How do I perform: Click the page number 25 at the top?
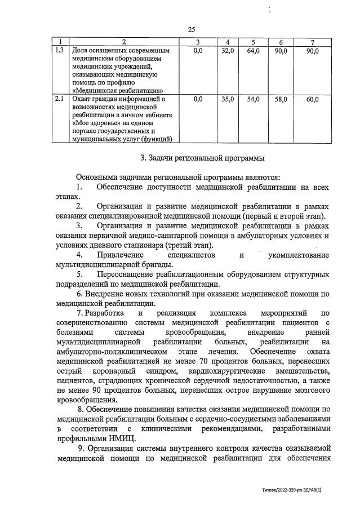point(192,29)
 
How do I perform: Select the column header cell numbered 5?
point(254,42)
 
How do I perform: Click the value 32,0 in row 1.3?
point(228,51)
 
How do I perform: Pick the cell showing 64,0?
point(254,51)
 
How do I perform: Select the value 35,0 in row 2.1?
point(228,99)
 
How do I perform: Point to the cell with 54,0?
point(254,99)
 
